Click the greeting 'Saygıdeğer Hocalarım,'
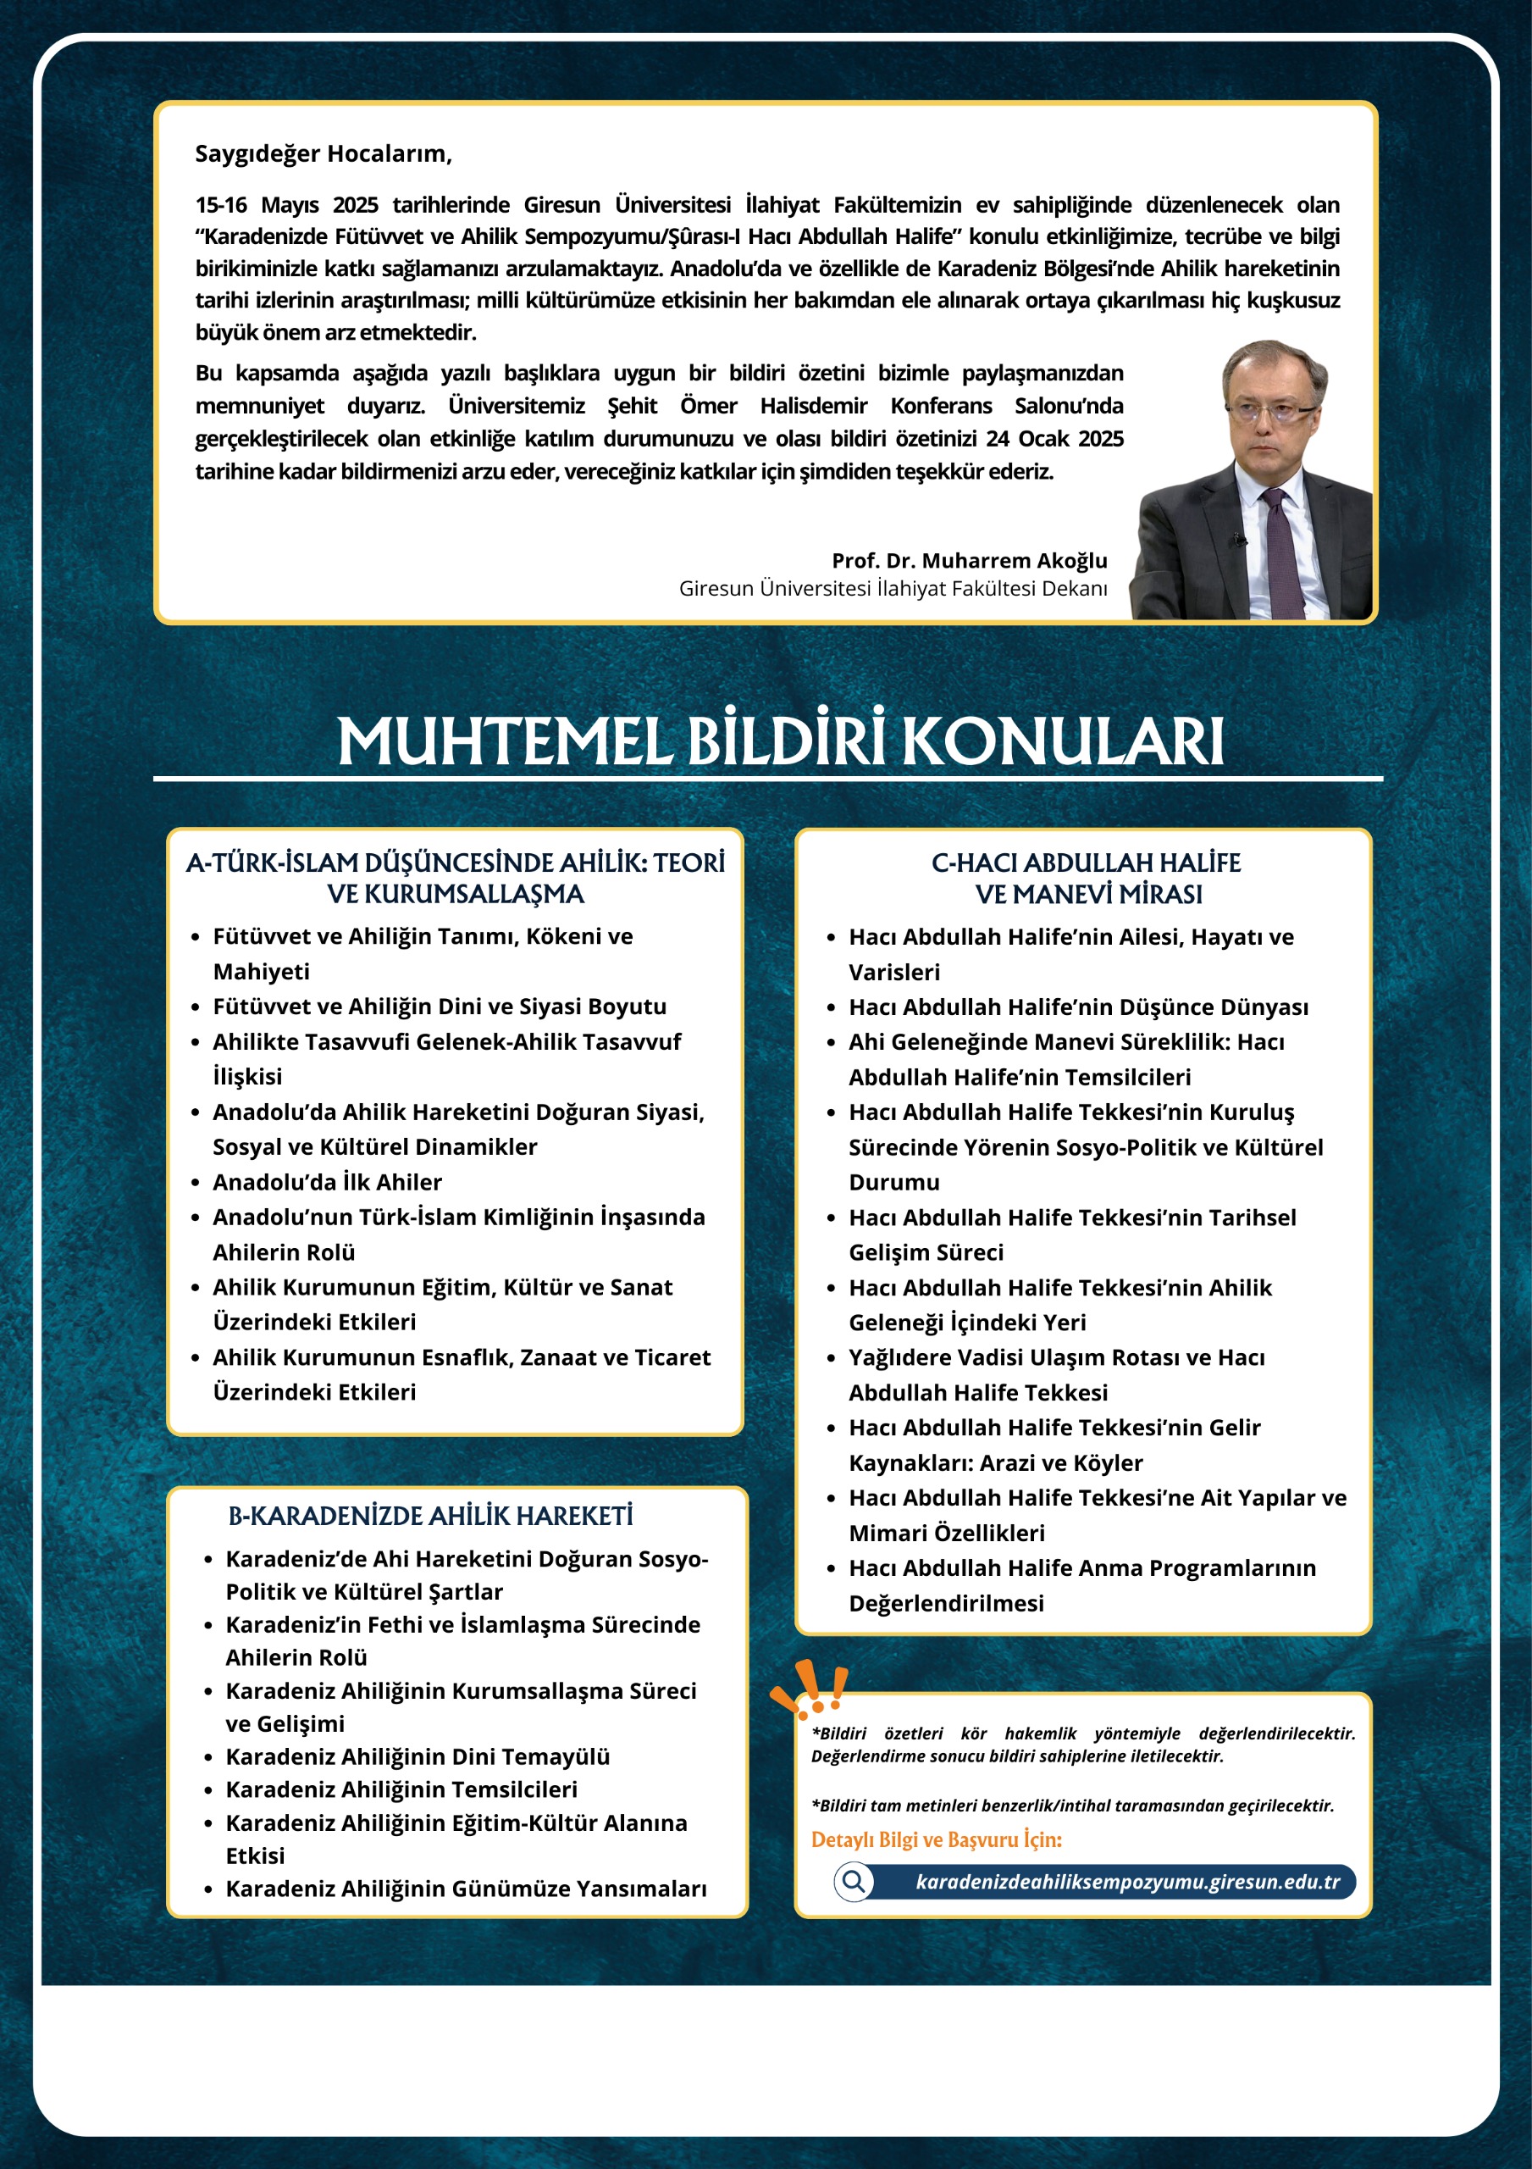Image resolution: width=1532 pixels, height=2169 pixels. coord(323,154)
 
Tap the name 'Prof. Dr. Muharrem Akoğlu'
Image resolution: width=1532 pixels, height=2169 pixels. coord(969,560)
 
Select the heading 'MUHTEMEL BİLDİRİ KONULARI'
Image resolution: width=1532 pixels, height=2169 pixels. coord(780,741)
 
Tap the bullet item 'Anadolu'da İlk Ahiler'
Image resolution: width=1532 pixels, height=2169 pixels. coord(327,1182)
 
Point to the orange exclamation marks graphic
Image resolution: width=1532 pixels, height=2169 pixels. coord(810,1690)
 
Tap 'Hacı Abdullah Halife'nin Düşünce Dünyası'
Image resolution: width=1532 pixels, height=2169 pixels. coord(1078,1007)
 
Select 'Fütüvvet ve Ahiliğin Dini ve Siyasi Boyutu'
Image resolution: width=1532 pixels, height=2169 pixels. coord(440,1006)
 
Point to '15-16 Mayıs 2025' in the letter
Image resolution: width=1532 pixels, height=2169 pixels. coord(286,205)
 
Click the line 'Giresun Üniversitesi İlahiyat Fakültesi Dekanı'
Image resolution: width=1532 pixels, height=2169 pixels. coord(893,589)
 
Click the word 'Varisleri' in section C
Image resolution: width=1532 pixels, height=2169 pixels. coord(893,972)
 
